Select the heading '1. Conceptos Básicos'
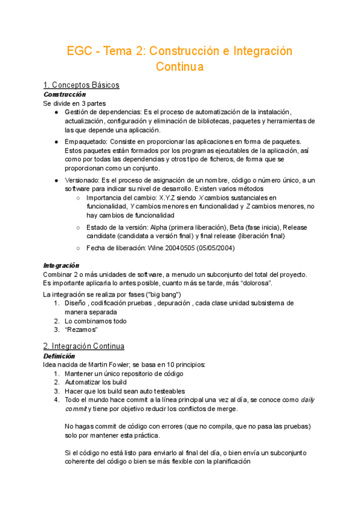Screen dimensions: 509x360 pyautogui.click(x=82, y=85)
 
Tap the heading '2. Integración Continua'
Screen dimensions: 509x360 pyautogui.click(x=84, y=346)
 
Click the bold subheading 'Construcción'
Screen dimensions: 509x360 pyautogui.click(x=65, y=94)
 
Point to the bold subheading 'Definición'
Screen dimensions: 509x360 pyautogui.click(x=60, y=356)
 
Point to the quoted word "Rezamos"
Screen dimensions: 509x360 pyautogui.click(x=81, y=330)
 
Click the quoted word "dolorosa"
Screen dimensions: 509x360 pyautogui.click(x=255, y=283)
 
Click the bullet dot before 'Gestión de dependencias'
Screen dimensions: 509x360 pyautogui.click(x=56, y=112)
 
